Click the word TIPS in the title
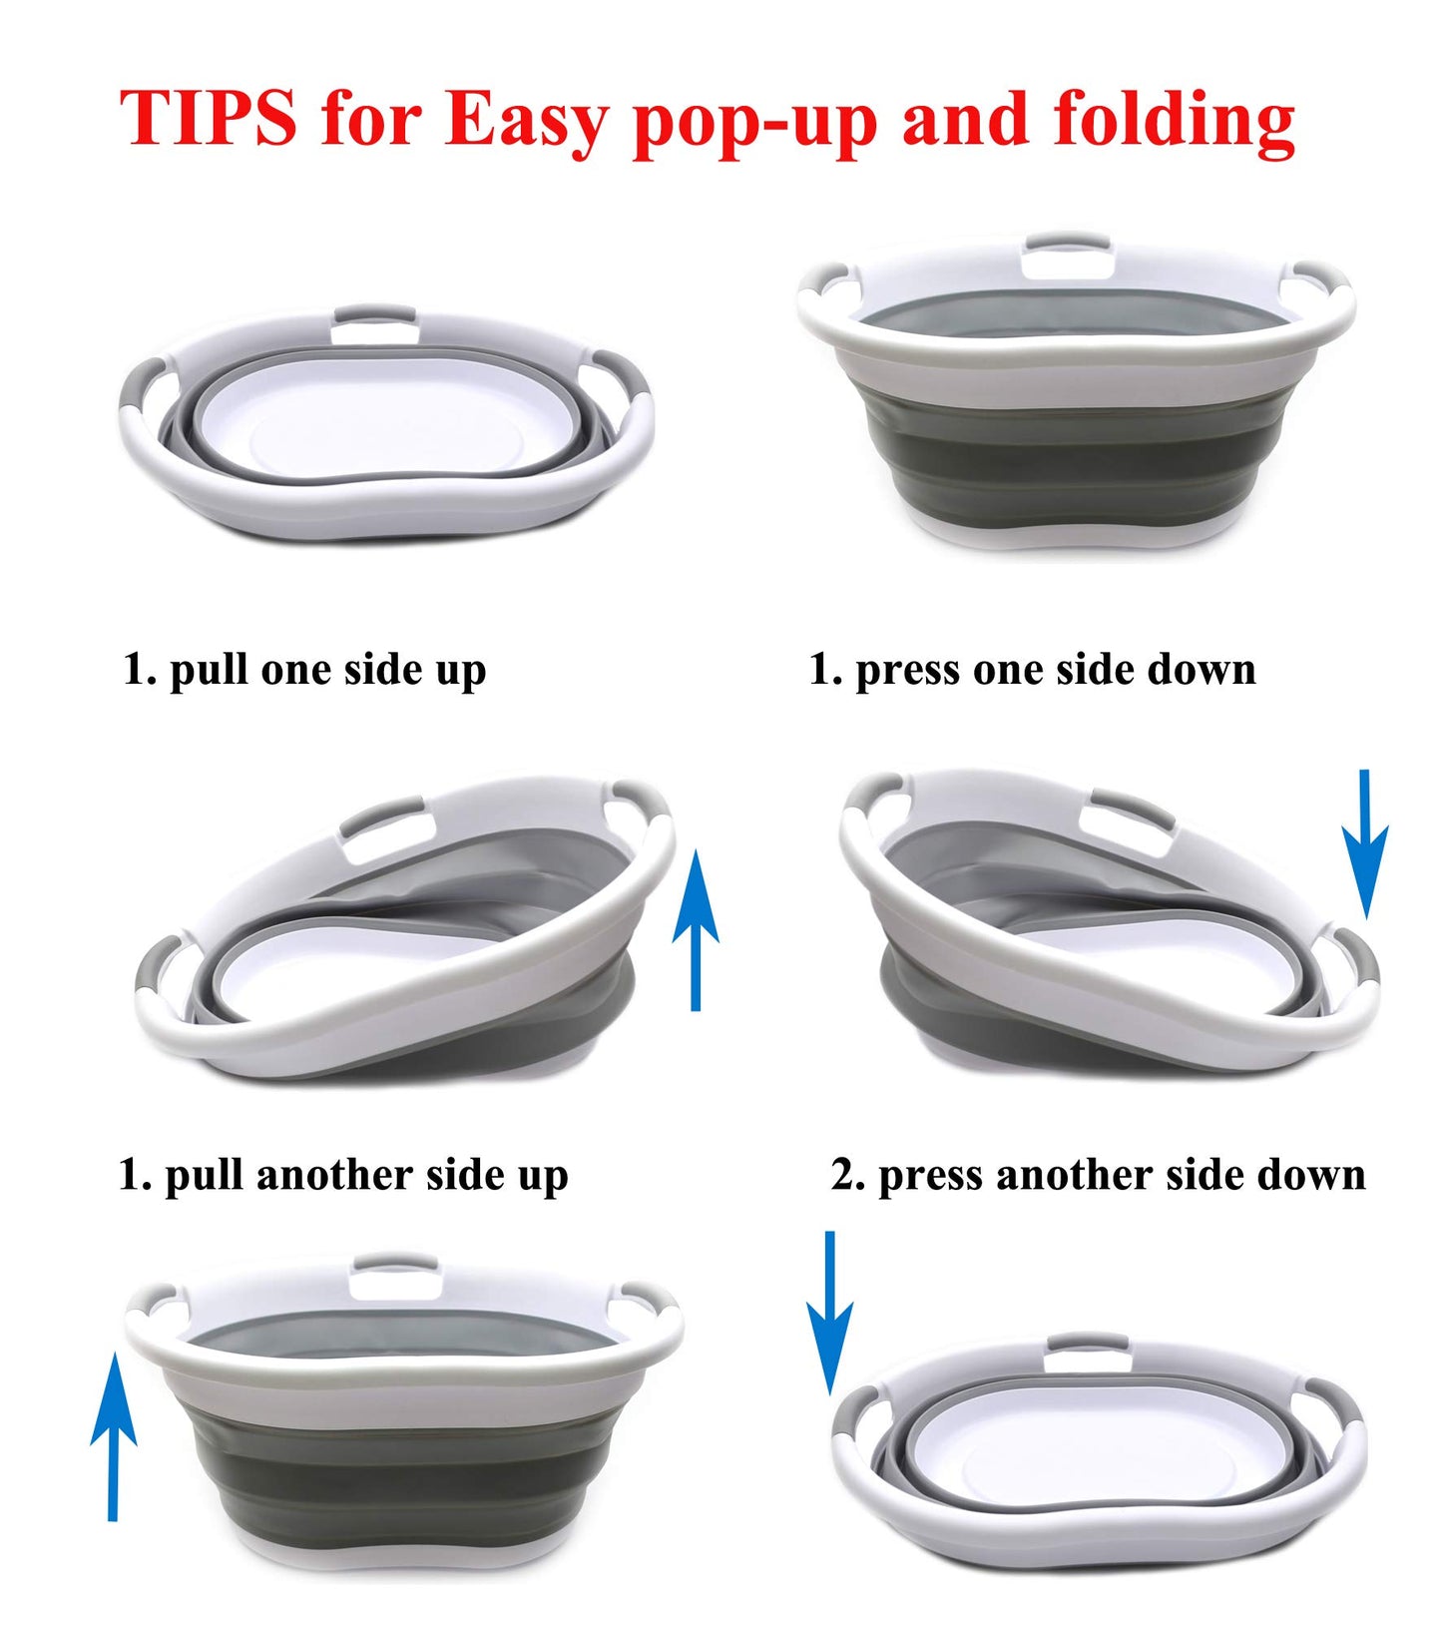click(x=208, y=119)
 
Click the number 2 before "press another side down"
click(x=846, y=1176)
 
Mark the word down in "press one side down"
click(x=1202, y=669)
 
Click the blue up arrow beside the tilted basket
click(x=696, y=928)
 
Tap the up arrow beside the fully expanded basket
click(x=113, y=1437)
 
